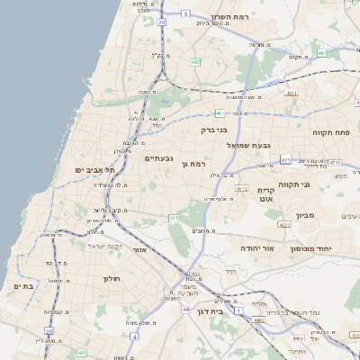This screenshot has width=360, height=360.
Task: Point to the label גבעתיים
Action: click(x=158, y=157)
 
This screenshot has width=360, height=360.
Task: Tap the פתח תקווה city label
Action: click(x=330, y=131)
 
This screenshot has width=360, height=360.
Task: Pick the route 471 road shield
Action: click(x=285, y=159)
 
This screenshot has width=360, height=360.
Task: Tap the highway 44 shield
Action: click(x=184, y=310)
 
